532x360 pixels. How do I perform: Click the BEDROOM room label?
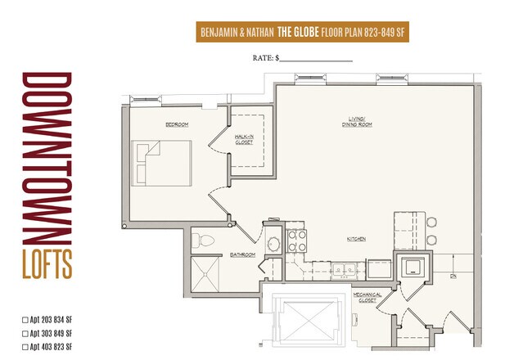177,125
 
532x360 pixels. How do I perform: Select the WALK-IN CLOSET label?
243,140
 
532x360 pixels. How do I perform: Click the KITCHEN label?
355,239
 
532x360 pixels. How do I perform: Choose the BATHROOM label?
242,254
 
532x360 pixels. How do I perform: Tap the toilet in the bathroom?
203,241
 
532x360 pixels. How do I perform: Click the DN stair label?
453,276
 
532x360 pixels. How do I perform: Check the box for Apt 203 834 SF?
25,321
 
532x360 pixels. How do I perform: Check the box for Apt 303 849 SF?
25,334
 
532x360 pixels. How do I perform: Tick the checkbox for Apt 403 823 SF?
25,347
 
